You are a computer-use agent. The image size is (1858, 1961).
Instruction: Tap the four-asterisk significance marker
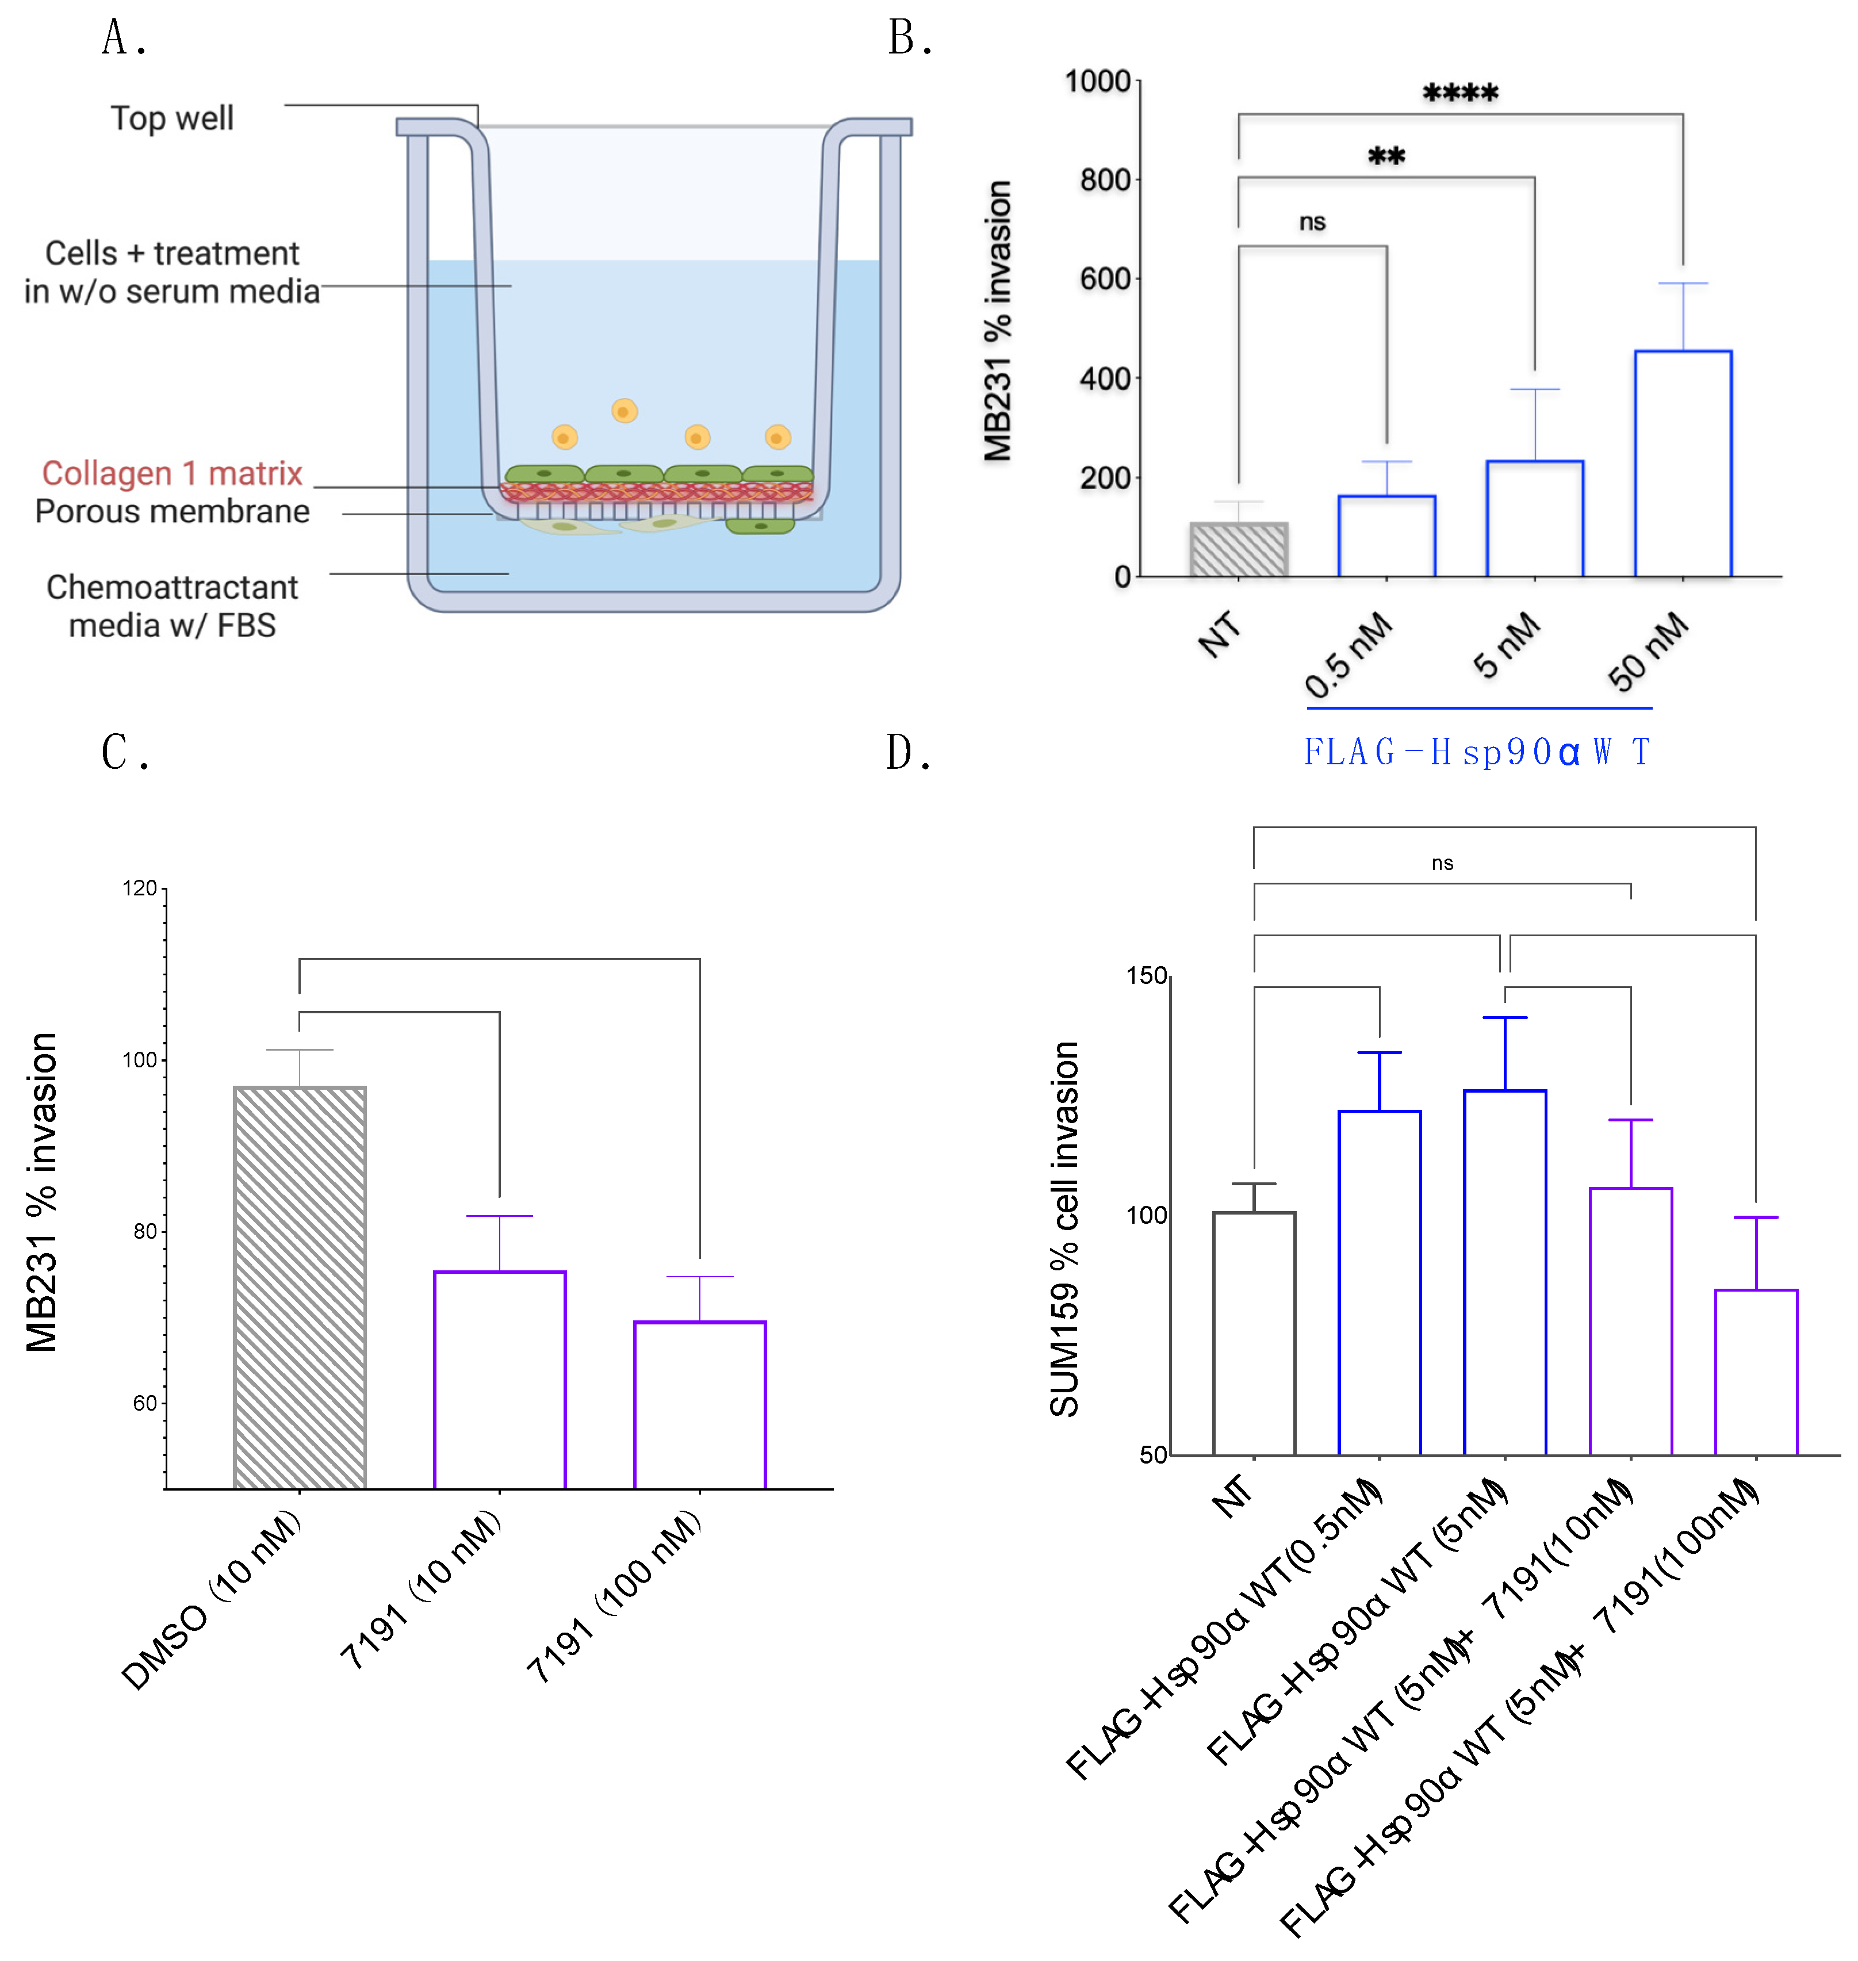pos(1460,94)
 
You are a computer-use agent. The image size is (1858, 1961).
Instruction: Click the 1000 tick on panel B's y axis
pos(1097,81)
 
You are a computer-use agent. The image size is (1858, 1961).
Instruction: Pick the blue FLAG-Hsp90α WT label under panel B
pos(1476,753)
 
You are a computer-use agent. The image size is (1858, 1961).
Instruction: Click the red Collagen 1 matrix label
pos(171,473)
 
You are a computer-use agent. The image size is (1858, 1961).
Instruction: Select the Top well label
pos(171,118)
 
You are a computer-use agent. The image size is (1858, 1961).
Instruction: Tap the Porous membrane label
pos(171,511)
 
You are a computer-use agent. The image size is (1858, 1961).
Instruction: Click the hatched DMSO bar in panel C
pos(299,1288)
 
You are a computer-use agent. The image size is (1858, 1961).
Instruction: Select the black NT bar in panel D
pos(1253,1333)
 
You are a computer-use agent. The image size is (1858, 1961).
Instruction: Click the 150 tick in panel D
pos(1146,975)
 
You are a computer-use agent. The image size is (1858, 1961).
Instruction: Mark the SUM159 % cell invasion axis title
pos(1064,1228)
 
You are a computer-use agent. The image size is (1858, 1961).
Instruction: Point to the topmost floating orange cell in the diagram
pos(624,410)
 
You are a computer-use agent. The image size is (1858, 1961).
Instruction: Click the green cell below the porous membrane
pos(760,526)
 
